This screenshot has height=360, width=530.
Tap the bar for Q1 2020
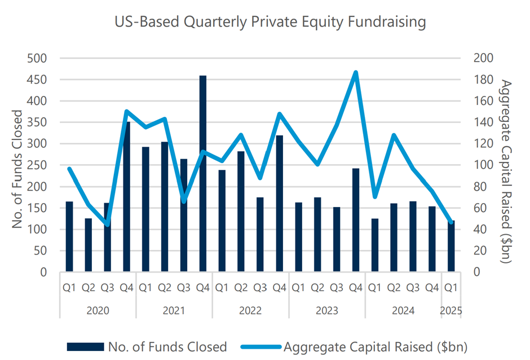[x=69, y=236]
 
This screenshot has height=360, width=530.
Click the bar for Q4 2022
[x=279, y=204]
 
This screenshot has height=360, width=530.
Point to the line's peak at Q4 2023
[x=356, y=72]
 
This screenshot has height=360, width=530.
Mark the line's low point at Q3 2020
[x=108, y=225]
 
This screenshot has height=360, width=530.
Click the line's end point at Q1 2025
[x=450, y=222]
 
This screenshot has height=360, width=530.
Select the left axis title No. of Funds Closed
[x=18, y=169]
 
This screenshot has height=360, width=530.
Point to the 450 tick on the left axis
[x=41, y=80]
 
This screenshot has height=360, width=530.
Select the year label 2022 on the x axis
[x=250, y=310]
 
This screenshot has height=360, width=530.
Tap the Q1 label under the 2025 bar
[x=450, y=288]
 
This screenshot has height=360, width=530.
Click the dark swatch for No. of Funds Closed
[x=85, y=346]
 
